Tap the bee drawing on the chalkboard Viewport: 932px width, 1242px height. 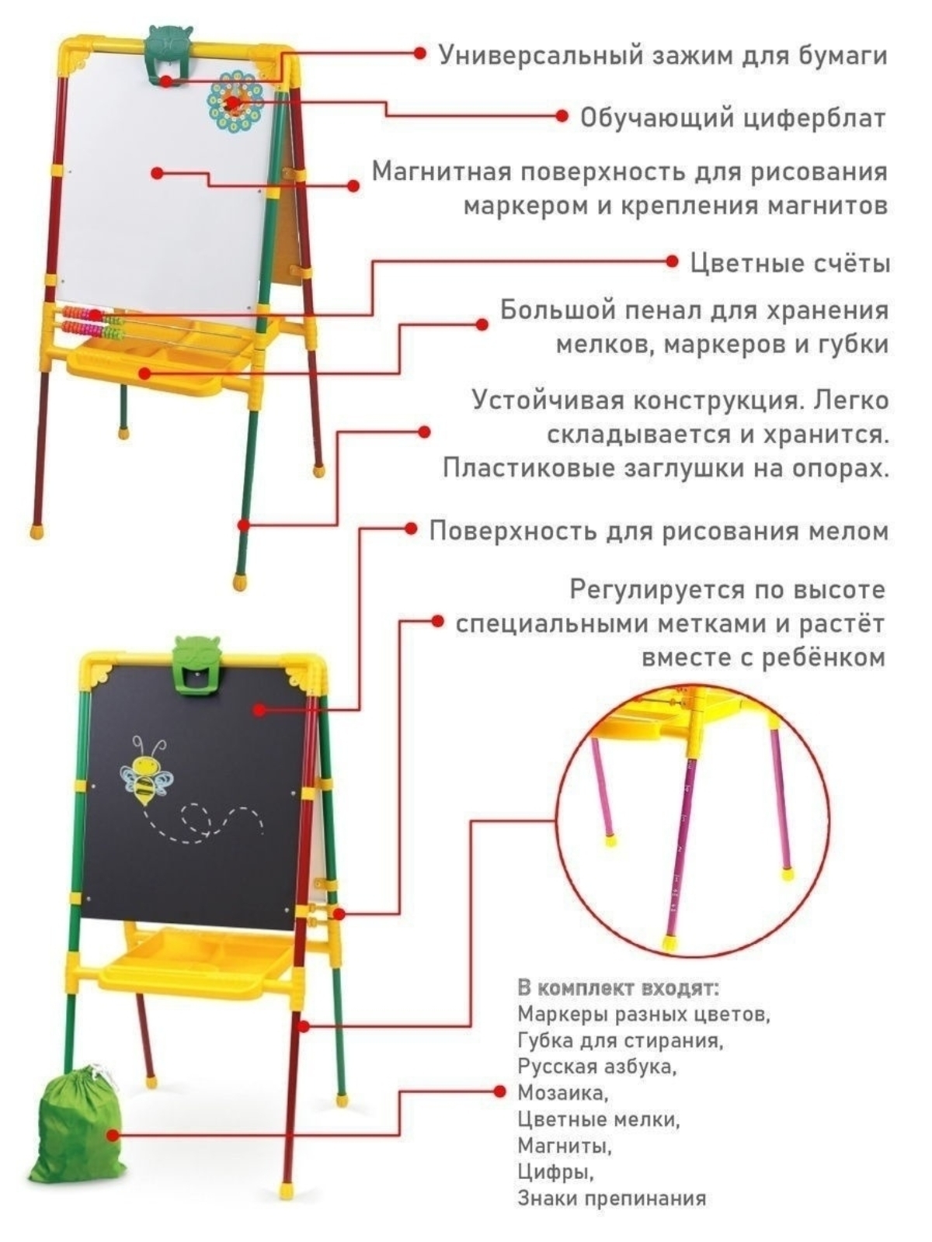[x=146, y=769]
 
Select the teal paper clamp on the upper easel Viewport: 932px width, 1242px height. [x=168, y=57]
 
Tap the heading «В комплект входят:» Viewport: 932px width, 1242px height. [x=618, y=988]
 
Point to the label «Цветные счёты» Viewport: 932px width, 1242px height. [x=789, y=263]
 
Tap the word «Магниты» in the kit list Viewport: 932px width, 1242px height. [x=565, y=1146]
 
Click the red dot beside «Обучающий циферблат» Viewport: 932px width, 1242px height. [x=562, y=116]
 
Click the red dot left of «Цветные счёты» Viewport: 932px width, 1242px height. [x=673, y=261]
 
